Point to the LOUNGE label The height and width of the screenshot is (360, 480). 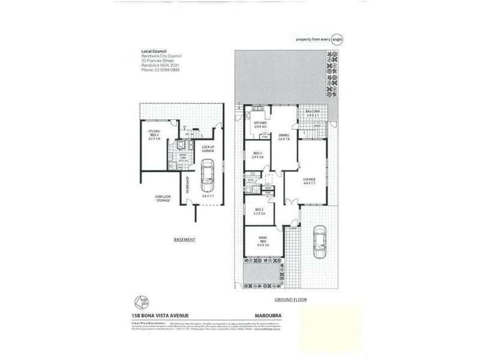point(310,178)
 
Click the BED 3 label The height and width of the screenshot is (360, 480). point(258,154)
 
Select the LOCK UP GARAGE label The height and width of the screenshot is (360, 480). point(208,149)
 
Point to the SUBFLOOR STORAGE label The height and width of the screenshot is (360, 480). point(163,198)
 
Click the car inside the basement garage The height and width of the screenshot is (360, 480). point(208,175)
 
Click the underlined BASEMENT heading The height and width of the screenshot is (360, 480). point(184,239)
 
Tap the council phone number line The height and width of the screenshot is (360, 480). point(160,70)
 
